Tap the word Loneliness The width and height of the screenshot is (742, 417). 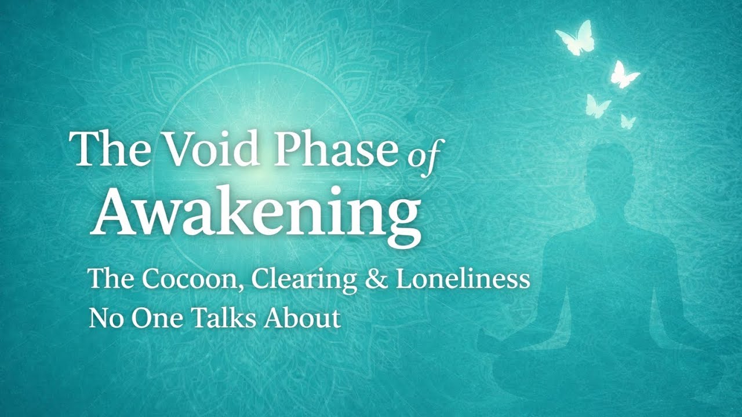(463, 279)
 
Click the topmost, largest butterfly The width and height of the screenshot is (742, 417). (575, 38)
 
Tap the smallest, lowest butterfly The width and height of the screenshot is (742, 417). (628, 121)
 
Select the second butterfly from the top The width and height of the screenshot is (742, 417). (624, 75)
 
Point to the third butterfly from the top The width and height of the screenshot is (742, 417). (597, 106)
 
